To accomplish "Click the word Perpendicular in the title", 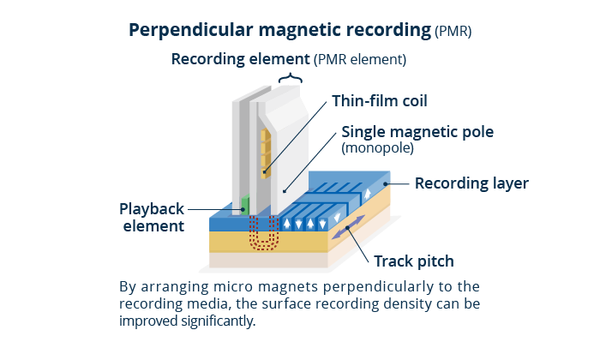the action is point(191,31).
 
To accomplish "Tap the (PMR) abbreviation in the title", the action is point(453,32).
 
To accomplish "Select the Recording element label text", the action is point(240,59).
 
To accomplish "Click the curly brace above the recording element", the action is point(291,78).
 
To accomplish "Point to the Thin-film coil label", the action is point(380,101).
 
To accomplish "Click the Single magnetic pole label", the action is point(417,132).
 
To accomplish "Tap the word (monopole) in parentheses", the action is point(378,148).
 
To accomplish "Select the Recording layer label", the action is point(471,183).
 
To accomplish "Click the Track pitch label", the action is point(414,261).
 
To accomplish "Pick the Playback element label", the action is point(152,218).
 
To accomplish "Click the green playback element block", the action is point(245,205).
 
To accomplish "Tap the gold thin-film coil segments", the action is point(266,153).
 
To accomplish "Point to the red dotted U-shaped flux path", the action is point(262,234).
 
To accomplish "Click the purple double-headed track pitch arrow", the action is point(348,227).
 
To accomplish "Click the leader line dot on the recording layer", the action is point(386,184).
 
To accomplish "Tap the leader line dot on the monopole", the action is point(284,191).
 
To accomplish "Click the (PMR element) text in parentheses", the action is point(360,60).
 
